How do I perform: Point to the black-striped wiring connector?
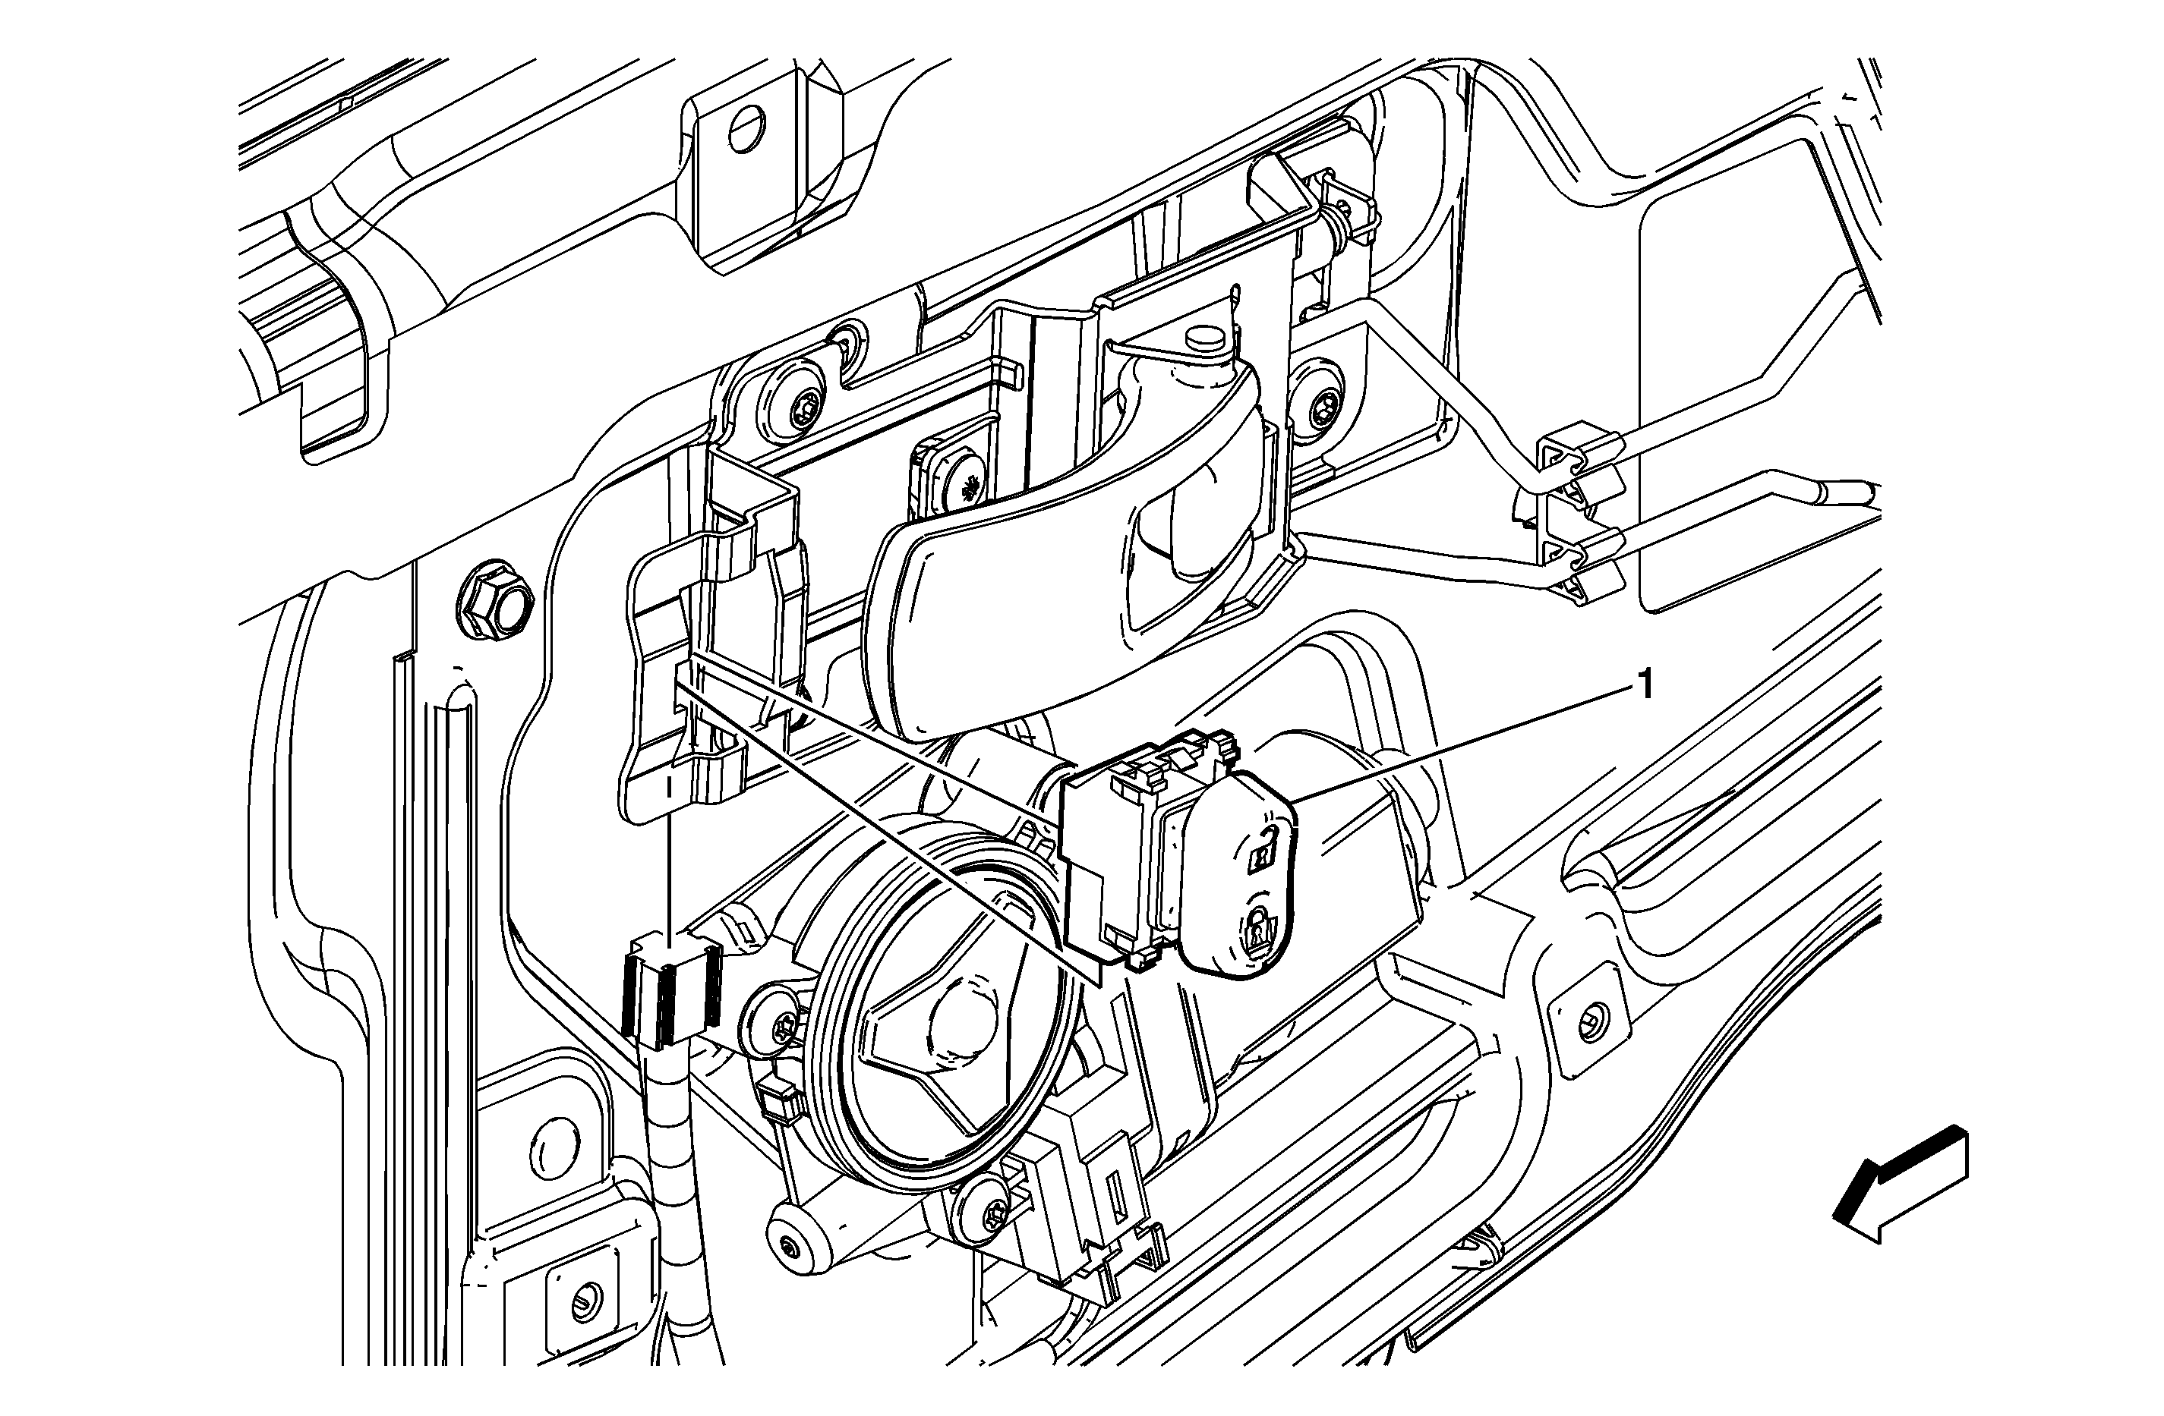point(670,994)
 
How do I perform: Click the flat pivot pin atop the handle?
point(1207,341)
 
